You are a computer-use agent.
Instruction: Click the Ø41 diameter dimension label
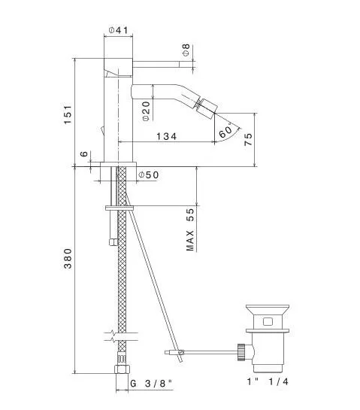point(119,30)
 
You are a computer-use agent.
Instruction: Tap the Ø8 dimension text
point(186,50)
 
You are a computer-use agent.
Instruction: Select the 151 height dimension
point(68,114)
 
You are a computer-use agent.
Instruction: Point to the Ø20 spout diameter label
point(146,111)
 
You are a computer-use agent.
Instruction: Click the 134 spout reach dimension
point(166,136)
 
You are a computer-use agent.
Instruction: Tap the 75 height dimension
point(248,139)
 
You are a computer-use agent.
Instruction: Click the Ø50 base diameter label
point(148,175)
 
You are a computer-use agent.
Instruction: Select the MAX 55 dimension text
point(190,229)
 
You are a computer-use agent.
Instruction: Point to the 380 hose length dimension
point(68,258)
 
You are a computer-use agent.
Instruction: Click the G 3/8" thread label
point(151,384)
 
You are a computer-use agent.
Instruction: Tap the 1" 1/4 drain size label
point(268,381)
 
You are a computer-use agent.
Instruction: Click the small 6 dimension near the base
point(84,153)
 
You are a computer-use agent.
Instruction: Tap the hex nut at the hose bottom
point(122,369)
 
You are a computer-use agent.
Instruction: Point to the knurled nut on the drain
point(241,353)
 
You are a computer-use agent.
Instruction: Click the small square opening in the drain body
point(268,321)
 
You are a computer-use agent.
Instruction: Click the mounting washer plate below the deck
point(119,208)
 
